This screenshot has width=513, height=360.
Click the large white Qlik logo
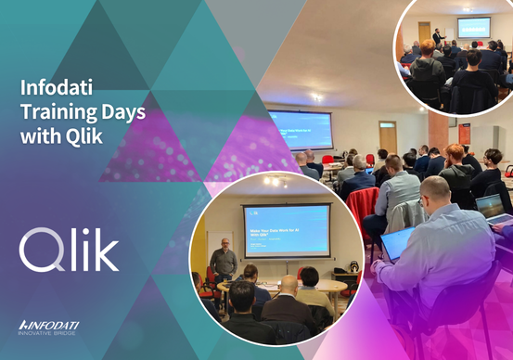(x=69, y=251)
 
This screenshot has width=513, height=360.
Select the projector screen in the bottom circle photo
(x=286, y=229)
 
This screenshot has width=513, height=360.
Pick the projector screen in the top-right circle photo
(x=473, y=27)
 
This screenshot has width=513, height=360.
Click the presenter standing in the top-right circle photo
(x=438, y=40)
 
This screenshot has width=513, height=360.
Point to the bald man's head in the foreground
(x=435, y=192)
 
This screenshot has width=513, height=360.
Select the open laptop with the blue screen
(x=397, y=243)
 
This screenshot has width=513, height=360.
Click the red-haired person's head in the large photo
(x=455, y=152)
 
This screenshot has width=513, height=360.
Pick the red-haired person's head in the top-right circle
(x=427, y=47)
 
